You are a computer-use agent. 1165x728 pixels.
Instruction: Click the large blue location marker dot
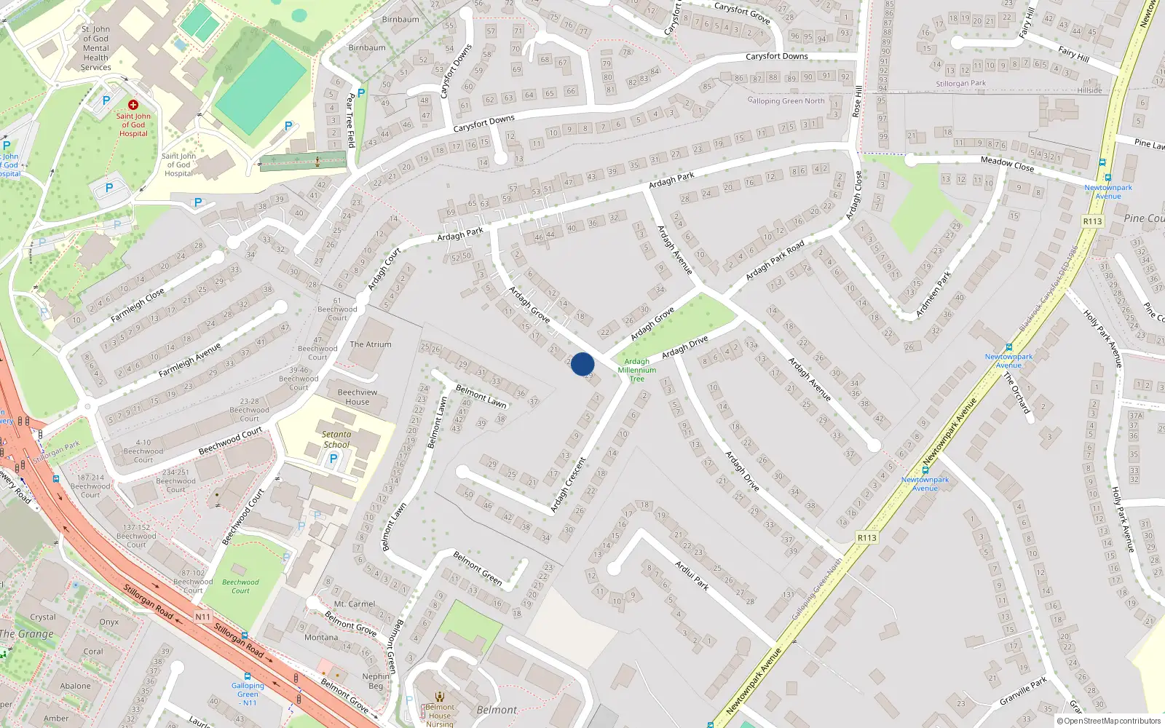pyautogui.click(x=582, y=364)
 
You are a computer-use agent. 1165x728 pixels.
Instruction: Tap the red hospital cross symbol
pyautogui.click(x=133, y=105)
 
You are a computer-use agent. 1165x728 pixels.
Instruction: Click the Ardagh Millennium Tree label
pyautogui.click(x=637, y=370)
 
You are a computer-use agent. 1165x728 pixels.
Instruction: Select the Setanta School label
pyautogui.click(x=336, y=439)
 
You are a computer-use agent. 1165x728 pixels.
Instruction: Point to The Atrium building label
pyautogui.click(x=371, y=344)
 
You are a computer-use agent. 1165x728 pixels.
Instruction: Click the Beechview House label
pyautogui.click(x=358, y=397)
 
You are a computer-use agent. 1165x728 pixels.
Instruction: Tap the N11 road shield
pyautogui.click(x=202, y=617)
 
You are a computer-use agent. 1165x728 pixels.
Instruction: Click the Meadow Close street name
pyautogui.click(x=1007, y=164)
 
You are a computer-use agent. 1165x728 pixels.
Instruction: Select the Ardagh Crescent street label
pyautogui.click(x=569, y=484)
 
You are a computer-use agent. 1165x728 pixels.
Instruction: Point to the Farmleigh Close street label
pyautogui.click(x=138, y=306)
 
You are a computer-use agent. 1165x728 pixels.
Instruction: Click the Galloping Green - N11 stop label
pyautogui.click(x=248, y=694)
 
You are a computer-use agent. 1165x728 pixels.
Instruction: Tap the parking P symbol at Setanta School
pyautogui.click(x=333, y=459)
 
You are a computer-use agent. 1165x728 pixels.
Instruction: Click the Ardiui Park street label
pyautogui.click(x=692, y=574)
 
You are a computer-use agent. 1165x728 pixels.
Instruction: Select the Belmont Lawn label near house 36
pyautogui.click(x=481, y=396)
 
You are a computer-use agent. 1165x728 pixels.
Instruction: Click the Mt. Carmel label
pyautogui.click(x=355, y=604)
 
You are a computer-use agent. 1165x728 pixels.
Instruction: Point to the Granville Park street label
pyautogui.click(x=1023, y=691)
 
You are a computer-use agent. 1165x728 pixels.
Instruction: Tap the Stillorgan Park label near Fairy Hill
pyautogui.click(x=960, y=84)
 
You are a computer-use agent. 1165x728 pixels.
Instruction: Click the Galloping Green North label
pyautogui.click(x=786, y=101)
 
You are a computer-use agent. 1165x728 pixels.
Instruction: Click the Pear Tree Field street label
pyautogui.click(x=350, y=120)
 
